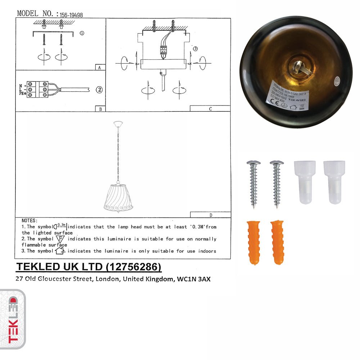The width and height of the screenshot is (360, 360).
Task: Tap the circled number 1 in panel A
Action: point(82,33)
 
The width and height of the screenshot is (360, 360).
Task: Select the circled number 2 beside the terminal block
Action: point(99,90)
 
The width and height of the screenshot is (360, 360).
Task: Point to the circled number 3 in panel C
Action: point(195,49)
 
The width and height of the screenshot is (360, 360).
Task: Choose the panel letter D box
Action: point(210,215)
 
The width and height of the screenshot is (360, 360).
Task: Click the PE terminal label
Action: point(22,94)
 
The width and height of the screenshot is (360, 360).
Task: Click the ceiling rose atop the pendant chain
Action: point(118,124)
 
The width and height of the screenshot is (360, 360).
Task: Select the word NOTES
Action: point(30,220)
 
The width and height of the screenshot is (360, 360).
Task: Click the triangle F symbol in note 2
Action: point(61,239)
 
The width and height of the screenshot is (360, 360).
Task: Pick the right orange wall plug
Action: point(277,242)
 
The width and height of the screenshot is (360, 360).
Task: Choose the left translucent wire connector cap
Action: point(305,182)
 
